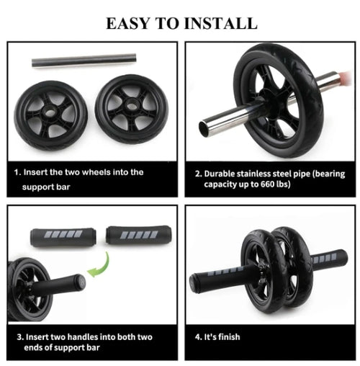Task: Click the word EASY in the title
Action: coord(128,23)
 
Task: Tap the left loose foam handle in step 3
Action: coord(63,236)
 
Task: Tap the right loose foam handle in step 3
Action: coord(134,236)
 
